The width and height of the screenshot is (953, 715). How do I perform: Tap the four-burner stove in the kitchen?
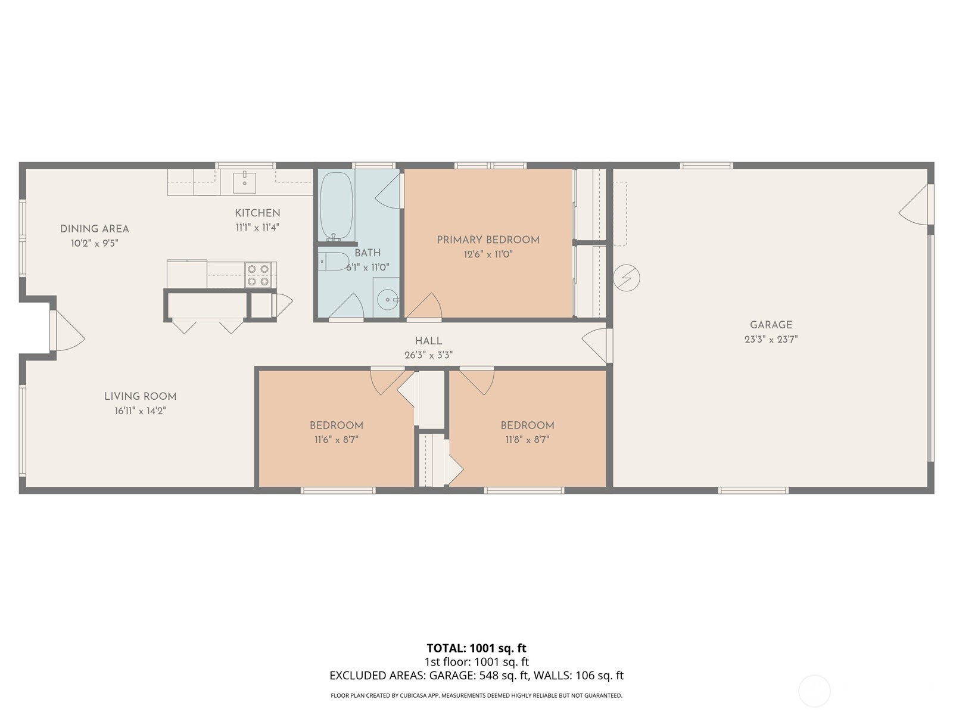click(x=259, y=275)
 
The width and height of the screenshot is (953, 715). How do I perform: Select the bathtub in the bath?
click(x=337, y=206)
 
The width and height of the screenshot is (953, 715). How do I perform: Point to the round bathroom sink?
click(x=387, y=300)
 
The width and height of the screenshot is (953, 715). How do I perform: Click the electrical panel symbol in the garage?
click(x=627, y=278)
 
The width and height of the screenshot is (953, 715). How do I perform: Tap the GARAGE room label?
click(x=771, y=325)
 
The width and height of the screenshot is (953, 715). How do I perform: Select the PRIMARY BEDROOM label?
click(x=488, y=240)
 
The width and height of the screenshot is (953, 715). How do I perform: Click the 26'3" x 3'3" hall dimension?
click(x=428, y=355)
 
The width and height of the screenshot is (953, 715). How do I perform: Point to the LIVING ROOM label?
click(x=140, y=396)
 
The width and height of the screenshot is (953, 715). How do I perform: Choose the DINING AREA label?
click(x=95, y=229)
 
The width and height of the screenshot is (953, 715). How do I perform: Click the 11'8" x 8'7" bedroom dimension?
click(x=527, y=439)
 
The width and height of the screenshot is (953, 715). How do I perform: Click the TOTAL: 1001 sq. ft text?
click(x=476, y=648)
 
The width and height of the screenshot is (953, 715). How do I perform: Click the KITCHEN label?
click(x=257, y=213)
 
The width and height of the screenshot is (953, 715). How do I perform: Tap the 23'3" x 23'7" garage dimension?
click(x=771, y=339)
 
